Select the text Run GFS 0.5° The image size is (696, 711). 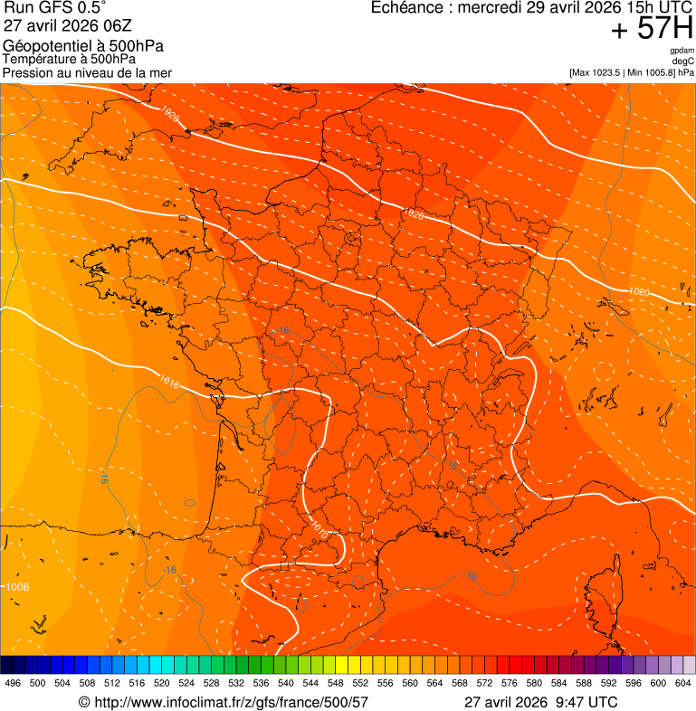(x=55, y=8)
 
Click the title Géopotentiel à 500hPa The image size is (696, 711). (x=83, y=46)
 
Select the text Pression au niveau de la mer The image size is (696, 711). (x=87, y=72)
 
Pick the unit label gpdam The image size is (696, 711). (x=682, y=51)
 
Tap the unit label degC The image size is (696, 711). (x=682, y=61)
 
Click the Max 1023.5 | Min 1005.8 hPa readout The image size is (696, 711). (x=631, y=71)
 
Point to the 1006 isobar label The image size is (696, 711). (x=17, y=587)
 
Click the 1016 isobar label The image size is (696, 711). (x=169, y=382)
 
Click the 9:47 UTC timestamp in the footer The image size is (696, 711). (x=585, y=702)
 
